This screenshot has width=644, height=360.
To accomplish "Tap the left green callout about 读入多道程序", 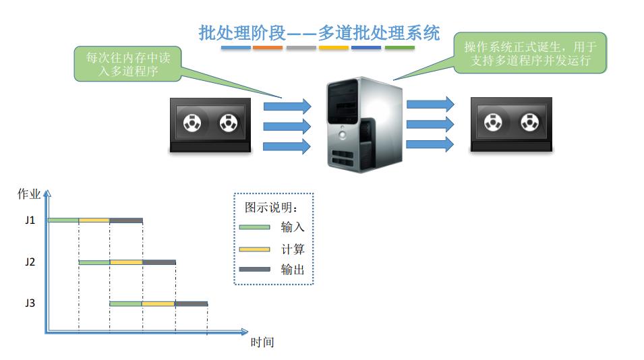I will pyautogui.click(x=128, y=64).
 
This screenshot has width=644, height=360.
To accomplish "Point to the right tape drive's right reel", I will pyautogui.click(x=529, y=123).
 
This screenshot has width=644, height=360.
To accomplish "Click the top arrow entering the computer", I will pyautogui.click(x=287, y=106).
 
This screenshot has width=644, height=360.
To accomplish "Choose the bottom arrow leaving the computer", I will pyautogui.click(x=430, y=144).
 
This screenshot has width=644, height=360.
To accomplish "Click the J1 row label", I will pyautogui.click(x=30, y=220).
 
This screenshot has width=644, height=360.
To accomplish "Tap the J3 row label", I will pyautogui.click(x=30, y=303).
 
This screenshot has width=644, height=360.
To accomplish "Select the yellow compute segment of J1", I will pyautogui.click(x=94, y=220).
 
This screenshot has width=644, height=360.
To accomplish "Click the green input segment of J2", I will pyautogui.click(x=94, y=262).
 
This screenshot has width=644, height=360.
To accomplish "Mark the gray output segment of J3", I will pyautogui.click(x=191, y=304).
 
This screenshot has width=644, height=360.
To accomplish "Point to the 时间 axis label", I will pyautogui.click(x=262, y=342).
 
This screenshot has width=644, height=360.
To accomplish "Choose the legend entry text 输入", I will pyautogui.click(x=293, y=227).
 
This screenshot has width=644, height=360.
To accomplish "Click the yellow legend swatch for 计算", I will pyautogui.click(x=255, y=249).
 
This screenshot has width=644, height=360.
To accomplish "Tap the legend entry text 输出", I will pyautogui.click(x=293, y=270).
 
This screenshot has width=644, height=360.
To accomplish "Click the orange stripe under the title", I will pyautogui.click(x=268, y=48).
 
